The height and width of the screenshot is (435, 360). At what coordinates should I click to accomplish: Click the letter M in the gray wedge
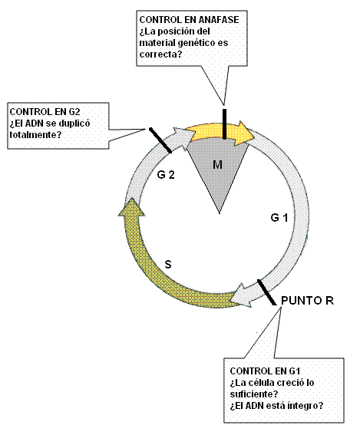tap(217, 165)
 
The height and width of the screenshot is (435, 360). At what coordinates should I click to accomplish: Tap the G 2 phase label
tap(166, 175)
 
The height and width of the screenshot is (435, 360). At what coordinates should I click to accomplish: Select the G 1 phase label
tap(279, 218)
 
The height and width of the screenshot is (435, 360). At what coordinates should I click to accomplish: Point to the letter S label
tap(168, 265)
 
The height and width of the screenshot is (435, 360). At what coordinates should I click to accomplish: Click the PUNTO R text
tap(307, 301)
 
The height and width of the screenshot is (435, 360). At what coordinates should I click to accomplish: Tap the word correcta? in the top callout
tap(160, 54)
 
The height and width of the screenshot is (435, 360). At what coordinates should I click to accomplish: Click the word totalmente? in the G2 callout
tap(35, 135)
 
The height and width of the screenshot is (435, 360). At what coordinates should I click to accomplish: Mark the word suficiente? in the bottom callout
tap(254, 394)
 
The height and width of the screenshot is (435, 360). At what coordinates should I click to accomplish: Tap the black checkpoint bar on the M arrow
tap(224, 124)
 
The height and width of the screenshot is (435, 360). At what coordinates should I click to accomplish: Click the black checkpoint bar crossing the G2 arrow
tap(160, 140)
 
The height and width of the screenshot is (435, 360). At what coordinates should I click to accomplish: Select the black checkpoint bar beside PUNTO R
tap(266, 292)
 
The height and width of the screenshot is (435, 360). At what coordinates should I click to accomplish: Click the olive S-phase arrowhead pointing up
tap(131, 207)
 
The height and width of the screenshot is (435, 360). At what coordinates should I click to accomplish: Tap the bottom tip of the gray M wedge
tap(220, 213)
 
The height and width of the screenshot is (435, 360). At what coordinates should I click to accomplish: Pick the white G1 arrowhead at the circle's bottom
tap(241, 295)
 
